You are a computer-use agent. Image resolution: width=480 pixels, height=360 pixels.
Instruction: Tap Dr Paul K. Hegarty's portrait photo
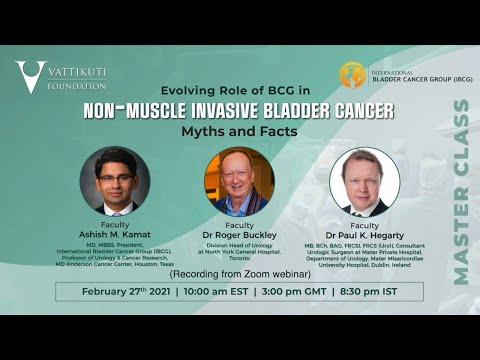point(364,181)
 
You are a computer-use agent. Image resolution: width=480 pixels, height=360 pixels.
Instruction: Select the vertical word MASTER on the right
point(460,246)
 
